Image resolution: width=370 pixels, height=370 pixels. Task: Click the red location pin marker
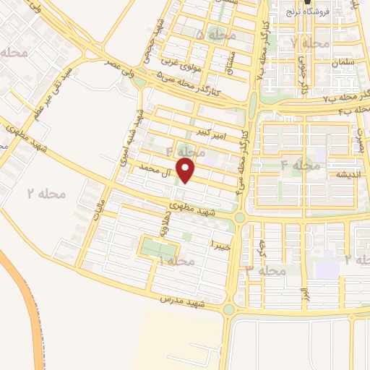coord(186,171)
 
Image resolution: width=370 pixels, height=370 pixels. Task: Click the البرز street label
coord(304,296)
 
